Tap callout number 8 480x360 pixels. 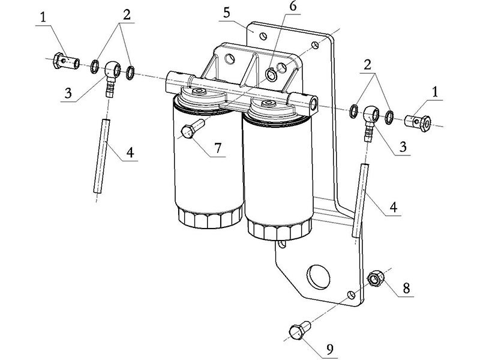[406, 288]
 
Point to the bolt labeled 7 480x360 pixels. [191, 130]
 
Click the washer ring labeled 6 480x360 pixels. [273, 76]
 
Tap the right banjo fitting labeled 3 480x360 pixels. [370, 118]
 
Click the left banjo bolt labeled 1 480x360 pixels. [66, 61]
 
